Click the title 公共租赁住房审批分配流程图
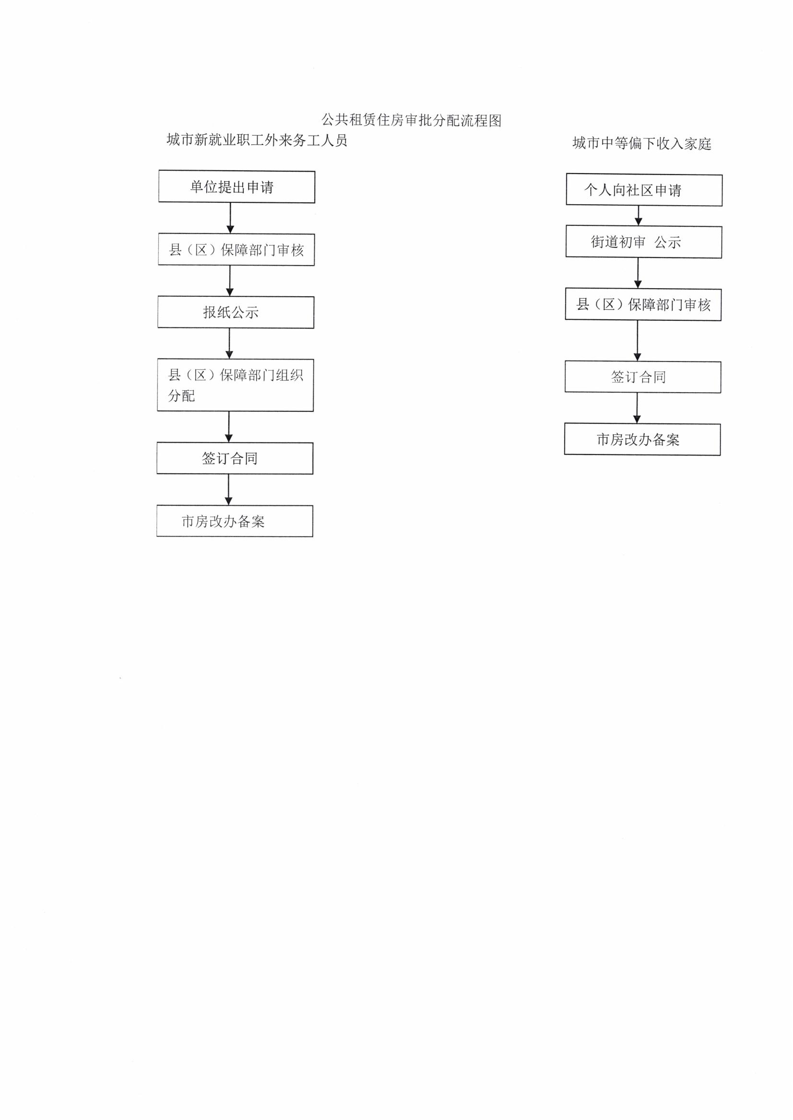point(411,120)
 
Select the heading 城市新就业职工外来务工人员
point(257,140)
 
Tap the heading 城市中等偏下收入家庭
point(641,143)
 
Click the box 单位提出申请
point(237,187)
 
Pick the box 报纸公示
point(236,312)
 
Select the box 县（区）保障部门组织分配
point(236,385)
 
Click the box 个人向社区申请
point(644,190)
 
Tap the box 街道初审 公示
point(644,242)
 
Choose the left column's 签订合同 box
point(235,458)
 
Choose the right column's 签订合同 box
point(643,377)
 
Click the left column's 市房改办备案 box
point(235,521)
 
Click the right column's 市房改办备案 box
point(643,439)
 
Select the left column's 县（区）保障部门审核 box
point(237,250)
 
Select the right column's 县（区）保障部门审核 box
point(643,304)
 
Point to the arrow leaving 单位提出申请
point(230,218)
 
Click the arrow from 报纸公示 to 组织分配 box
point(229,344)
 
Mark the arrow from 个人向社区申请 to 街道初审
point(638,216)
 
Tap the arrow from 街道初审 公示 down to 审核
point(638,273)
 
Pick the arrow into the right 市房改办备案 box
point(637,408)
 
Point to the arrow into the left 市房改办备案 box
point(228,490)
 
